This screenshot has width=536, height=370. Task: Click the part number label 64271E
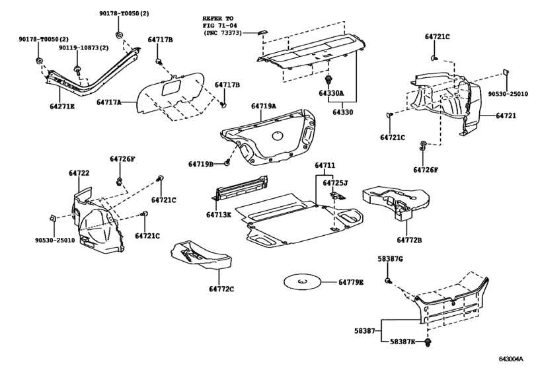point(62,106)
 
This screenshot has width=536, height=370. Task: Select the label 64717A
point(108,102)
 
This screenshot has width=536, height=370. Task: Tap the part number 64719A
point(264,106)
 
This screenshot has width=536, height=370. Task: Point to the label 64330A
point(331,93)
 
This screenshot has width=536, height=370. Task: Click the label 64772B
point(409,240)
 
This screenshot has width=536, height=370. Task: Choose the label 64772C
point(221,289)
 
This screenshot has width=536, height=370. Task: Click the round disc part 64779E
point(302,282)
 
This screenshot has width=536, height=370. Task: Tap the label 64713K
point(219,215)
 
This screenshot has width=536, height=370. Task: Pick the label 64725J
point(335,183)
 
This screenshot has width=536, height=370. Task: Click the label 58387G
point(390,258)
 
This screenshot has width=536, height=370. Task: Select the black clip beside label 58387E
point(428,342)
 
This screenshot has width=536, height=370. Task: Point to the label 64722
point(79,173)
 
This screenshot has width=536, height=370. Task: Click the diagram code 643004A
point(511,359)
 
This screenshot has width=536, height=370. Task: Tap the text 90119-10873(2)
point(83,48)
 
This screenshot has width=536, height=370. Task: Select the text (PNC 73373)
point(223,33)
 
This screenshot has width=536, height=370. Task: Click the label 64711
point(325,165)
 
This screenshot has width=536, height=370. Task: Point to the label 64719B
point(201,165)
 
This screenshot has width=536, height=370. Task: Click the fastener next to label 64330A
point(329,81)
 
